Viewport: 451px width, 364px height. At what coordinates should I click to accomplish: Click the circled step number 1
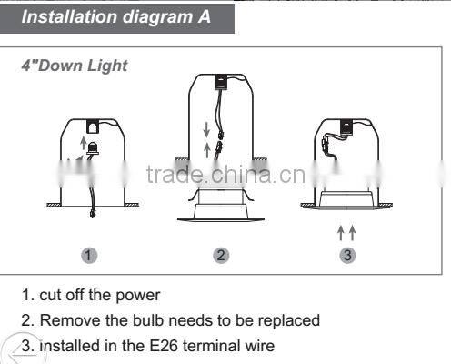click(x=89, y=256)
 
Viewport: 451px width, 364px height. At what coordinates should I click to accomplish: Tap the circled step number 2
click(x=221, y=255)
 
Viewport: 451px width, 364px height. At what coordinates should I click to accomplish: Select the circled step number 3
click(x=347, y=255)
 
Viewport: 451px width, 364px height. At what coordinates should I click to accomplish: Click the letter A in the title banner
click(x=204, y=16)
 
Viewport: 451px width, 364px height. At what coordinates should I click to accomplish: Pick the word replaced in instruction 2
click(x=289, y=321)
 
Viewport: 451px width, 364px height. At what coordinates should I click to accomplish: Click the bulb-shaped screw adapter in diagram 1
click(x=93, y=148)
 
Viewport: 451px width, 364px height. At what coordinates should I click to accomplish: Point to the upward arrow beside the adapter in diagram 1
click(x=83, y=143)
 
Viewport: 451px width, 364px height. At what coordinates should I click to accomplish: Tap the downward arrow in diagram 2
click(x=206, y=129)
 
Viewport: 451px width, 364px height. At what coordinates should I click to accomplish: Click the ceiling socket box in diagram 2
click(x=222, y=82)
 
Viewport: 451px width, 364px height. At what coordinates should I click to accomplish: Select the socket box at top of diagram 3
click(x=346, y=126)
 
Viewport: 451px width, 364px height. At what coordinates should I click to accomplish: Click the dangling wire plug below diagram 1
click(x=93, y=213)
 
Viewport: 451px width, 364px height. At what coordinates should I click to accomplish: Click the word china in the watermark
click(x=241, y=175)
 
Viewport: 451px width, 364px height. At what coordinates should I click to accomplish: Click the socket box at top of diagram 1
click(x=93, y=126)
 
